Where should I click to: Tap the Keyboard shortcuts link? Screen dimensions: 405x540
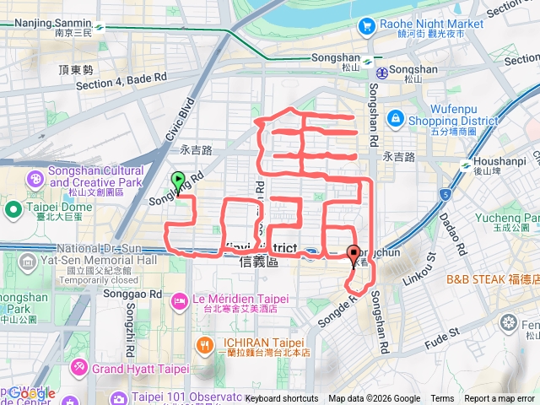coord(282,399)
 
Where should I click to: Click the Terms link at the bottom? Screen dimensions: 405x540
coord(442,399)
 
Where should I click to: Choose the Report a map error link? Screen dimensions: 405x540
coord(499,399)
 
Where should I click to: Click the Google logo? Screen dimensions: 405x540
coord(31,394)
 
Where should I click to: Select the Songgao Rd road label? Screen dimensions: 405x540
coord(125,294)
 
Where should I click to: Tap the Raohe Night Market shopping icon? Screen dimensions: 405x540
coord(366,26)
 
